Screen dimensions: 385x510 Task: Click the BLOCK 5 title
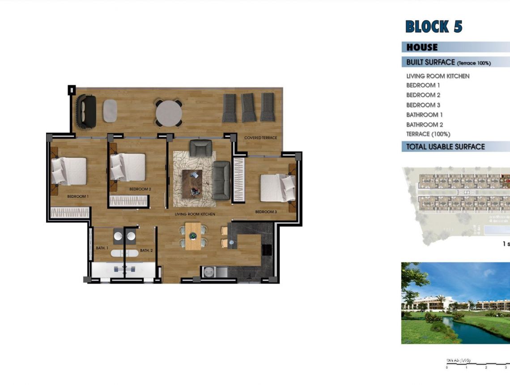[433, 26]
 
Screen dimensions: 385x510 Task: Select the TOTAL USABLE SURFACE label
[445, 146]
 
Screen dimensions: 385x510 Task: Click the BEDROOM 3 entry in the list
[423, 105]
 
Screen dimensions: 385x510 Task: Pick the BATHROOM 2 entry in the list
[425, 124]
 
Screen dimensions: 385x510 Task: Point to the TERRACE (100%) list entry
[428, 134]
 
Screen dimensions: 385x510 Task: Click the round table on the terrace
[169, 112]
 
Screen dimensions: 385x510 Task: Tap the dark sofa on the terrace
[86, 111]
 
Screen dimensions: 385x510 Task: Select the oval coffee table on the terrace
[110, 111]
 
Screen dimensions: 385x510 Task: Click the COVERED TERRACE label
[260, 138]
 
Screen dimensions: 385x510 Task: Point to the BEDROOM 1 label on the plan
[78, 197]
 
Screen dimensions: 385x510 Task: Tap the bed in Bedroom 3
[278, 188]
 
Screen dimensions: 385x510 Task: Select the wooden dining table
[193, 236]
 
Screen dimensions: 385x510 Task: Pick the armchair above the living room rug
[200, 148]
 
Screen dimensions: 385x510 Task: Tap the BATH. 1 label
[102, 248]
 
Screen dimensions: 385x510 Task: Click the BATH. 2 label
[146, 250]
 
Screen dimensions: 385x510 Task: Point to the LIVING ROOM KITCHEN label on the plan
[195, 214]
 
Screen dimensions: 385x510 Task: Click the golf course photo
[455, 303]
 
